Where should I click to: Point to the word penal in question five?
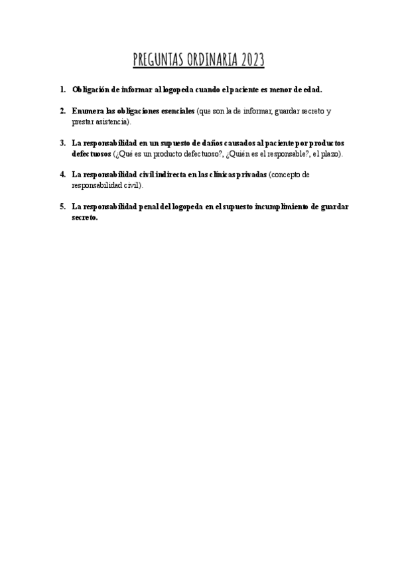tap(146, 207)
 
